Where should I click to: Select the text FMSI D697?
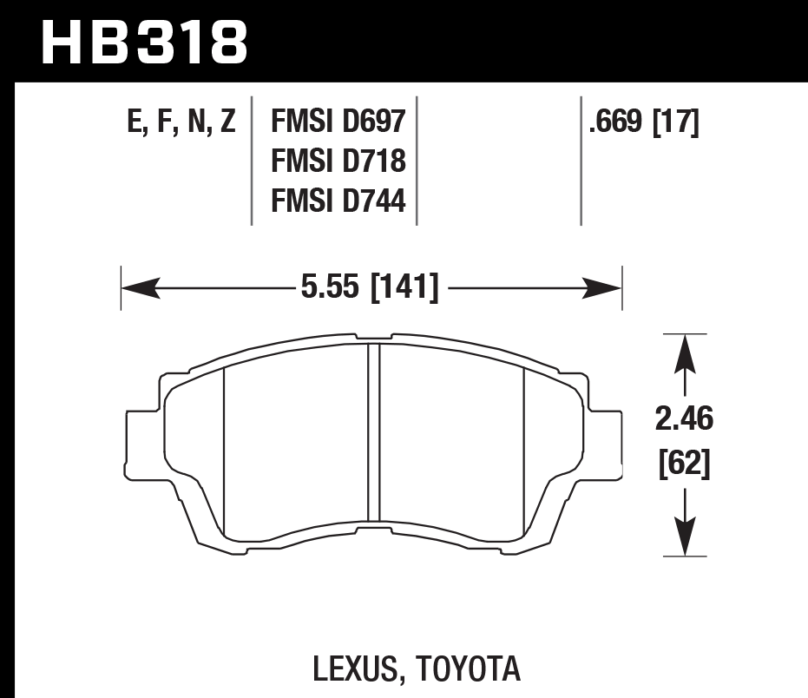[x=338, y=121]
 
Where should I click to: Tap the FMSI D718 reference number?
[x=338, y=161]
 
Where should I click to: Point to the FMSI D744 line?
[x=338, y=201]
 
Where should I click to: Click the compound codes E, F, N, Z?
[x=181, y=122]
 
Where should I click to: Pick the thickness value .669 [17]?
[x=643, y=122]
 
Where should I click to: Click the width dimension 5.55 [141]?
[x=370, y=286]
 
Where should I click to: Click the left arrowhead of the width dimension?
[x=135, y=287]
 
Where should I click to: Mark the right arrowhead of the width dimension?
[x=608, y=287]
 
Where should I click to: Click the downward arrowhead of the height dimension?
[x=686, y=542]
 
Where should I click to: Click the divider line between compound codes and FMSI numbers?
[x=252, y=161]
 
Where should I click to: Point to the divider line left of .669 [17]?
[x=581, y=161]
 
